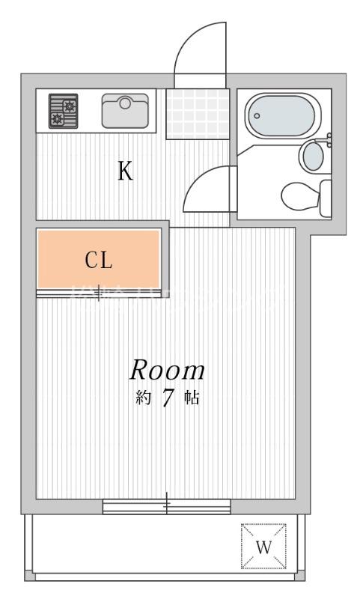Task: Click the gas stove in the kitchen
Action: pos(64,112)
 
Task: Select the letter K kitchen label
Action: pos(124,171)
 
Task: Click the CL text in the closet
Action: pos(98,261)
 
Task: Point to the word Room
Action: pos(168,370)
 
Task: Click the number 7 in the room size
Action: pos(168,398)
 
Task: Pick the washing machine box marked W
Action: pos(263,546)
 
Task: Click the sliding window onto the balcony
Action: pos(166,507)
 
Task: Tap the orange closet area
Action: pos(98,259)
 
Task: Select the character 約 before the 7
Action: pos(144,398)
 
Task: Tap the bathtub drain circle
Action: pos(257,116)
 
